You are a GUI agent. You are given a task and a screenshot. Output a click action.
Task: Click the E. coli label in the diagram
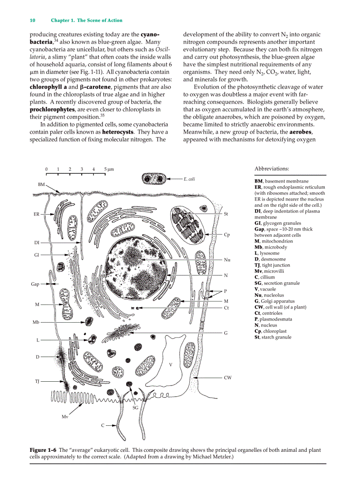[189, 179]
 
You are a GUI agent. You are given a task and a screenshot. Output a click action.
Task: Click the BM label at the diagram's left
[41, 184]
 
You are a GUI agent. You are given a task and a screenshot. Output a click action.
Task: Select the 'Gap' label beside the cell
[36, 284]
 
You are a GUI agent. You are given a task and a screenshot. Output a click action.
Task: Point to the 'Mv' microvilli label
[64, 416]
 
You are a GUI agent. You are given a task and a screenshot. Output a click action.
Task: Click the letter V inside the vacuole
[170, 365]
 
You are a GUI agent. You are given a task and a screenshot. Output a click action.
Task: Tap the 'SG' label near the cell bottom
[135, 408]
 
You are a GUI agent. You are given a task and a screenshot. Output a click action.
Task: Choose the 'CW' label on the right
[228, 377]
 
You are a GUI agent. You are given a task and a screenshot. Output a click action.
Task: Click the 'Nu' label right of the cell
[227, 260]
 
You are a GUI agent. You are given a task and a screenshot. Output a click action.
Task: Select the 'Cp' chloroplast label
[227, 235]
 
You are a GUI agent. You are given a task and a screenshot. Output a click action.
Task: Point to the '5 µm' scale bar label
[109, 169]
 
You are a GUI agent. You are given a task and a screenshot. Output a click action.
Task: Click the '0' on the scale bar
[46, 169]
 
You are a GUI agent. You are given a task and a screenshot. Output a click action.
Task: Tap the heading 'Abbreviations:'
[272, 168]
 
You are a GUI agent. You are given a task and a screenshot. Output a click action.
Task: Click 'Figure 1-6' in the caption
[43, 450]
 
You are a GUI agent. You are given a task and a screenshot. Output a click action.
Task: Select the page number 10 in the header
[32, 20]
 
